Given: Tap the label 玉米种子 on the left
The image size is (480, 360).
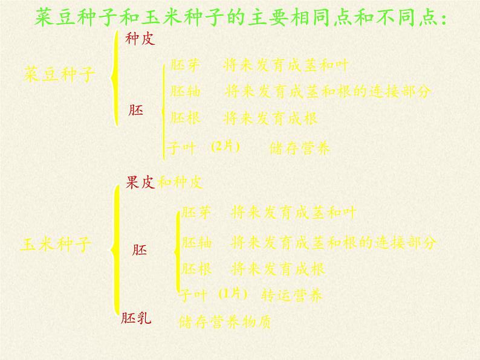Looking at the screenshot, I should (x=56, y=245).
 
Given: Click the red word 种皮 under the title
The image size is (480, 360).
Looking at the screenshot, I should (x=140, y=39).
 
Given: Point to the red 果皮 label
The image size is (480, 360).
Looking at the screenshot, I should (x=140, y=182).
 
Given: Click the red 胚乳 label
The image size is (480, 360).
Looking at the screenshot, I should (x=137, y=318).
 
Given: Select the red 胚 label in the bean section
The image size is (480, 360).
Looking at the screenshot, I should (x=137, y=111).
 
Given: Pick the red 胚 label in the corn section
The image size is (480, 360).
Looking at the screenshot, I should (x=139, y=249).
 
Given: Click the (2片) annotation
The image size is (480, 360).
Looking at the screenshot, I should (x=226, y=147).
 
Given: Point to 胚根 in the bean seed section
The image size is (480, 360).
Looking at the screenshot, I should (x=185, y=118).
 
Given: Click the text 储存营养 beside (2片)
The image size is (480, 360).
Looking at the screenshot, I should (x=300, y=149).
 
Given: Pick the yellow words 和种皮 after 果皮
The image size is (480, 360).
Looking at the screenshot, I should (x=180, y=182).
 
